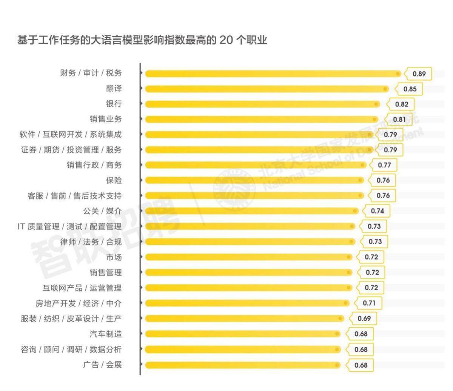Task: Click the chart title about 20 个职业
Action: coord(142,40)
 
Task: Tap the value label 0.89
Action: coord(419,74)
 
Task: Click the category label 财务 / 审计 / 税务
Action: coord(91,73)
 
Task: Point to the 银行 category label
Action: coord(114,104)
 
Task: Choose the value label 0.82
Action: coord(402,104)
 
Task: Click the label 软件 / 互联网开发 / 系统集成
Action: coord(71,135)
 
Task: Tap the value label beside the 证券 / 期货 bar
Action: coord(390,150)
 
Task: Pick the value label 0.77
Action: coord(384,165)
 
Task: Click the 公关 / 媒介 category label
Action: coord(102,211)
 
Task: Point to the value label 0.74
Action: coord(377,211)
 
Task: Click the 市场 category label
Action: coord(114,257)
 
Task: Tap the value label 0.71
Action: coord(369,303)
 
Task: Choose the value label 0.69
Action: coord(364,319)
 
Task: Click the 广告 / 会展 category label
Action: coord(102,365)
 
